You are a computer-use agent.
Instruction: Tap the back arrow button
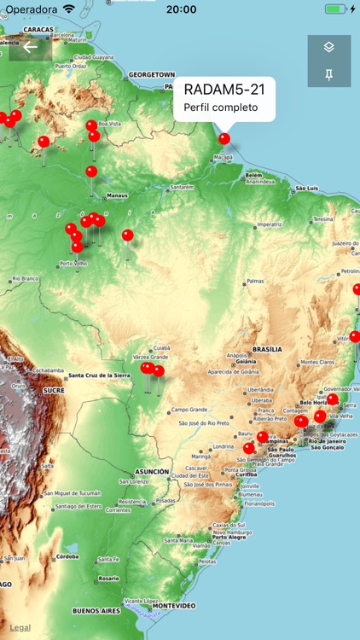pyautogui.click(x=31, y=48)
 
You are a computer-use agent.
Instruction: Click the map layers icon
pyautogui.click(x=329, y=47)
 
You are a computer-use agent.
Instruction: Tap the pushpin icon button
pyautogui.click(x=329, y=75)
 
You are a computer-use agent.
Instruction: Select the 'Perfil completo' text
pyautogui.click(x=220, y=108)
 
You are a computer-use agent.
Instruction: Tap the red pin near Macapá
pyautogui.click(x=224, y=138)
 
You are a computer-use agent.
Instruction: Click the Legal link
pyautogui.click(x=20, y=627)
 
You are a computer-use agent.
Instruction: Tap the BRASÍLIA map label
pyautogui.click(x=267, y=350)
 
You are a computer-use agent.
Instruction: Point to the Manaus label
pyautogui.click(x=117, y=195)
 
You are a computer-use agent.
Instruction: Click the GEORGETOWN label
pyautogui.click(x=151, y=74)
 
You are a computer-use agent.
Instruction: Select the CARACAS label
pyautogui.click(x=38, y=29)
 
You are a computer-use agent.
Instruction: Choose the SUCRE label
pyautogui.click(x=54, y=390)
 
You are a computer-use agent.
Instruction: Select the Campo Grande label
pyautogui.click(x=189, y=410)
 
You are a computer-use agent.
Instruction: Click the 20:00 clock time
pyautogui.click(x=181, y=9)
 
